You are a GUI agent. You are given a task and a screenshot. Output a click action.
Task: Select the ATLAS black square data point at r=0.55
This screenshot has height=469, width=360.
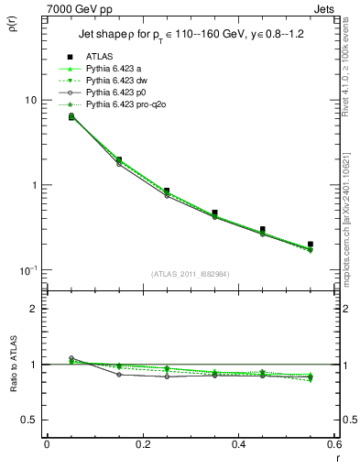311,245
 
